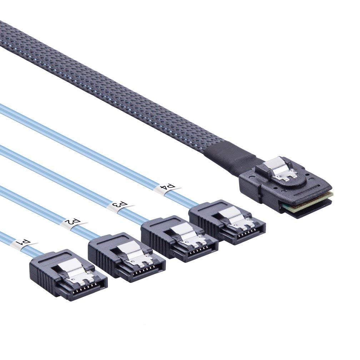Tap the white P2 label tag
(74, 222)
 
